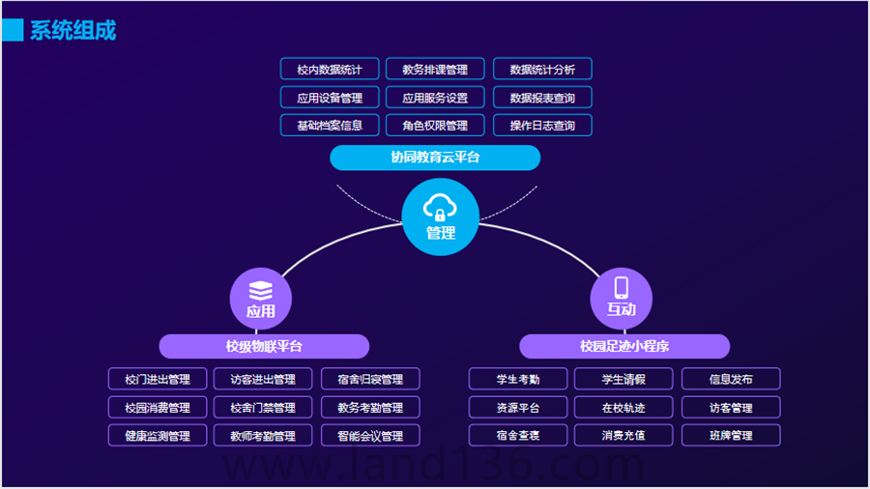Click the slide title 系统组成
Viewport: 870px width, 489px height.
[72, 30]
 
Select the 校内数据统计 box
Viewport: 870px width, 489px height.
[330, 70]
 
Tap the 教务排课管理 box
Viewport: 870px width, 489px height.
[435, 70]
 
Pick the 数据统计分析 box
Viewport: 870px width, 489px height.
[542, 70]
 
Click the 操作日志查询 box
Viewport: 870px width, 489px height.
[542, 126]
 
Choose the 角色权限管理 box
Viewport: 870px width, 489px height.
[435, 126]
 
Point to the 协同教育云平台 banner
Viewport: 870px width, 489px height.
[435, 158]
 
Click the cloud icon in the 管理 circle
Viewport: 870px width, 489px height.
[440, 207]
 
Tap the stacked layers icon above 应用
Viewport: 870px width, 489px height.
[261, 290]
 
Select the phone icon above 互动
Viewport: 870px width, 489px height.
[622, 288]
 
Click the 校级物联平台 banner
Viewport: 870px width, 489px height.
[264, 346]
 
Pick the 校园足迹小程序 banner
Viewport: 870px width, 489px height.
[624, 346]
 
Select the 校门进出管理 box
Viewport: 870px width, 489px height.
[158, 379]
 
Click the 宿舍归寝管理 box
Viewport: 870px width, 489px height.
[370, 379]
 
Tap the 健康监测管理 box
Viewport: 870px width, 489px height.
[158, 436]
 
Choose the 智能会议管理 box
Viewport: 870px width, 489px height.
[370, 436]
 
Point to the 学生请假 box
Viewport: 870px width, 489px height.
[623, 379]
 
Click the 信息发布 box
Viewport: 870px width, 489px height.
[731, 379]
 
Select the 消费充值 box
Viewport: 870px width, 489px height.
[623, 435]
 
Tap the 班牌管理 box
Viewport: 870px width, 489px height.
[731, 435]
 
